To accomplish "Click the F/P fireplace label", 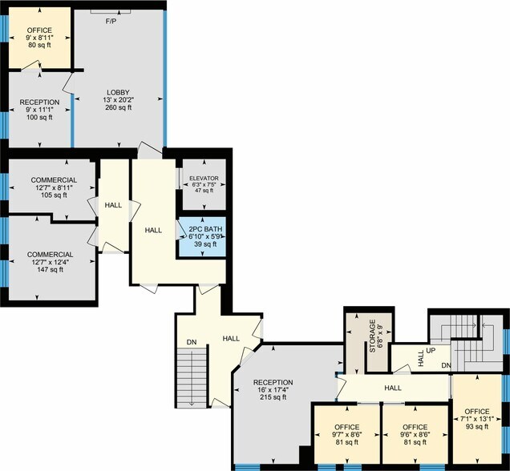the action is click(111, 22).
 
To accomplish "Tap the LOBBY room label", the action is click(119, 93).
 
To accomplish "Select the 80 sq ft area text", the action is click(39, 45).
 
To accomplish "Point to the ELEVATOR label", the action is click(204, 179).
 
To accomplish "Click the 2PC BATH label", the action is click(205, 229).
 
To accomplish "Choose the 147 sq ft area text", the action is click(50, 270).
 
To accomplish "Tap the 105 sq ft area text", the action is click(54, 195).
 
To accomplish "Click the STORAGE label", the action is click(373, 336).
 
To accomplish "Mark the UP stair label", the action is click(431, 351).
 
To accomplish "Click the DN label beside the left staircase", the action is click(192, 342).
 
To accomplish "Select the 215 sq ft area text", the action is click(273, 397).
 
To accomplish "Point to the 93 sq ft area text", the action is click(477, 426).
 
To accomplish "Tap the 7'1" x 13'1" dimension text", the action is click(477, 419).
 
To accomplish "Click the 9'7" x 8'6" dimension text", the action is click(347, 435).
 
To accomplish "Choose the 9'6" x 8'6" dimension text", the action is click(415, 435).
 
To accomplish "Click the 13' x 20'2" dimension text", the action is click(119, 99).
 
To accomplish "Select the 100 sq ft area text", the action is click(39, 117).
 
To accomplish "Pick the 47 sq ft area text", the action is click(204, 191).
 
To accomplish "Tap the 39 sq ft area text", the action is click(205, 244).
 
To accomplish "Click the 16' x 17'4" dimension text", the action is click(273, 390).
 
